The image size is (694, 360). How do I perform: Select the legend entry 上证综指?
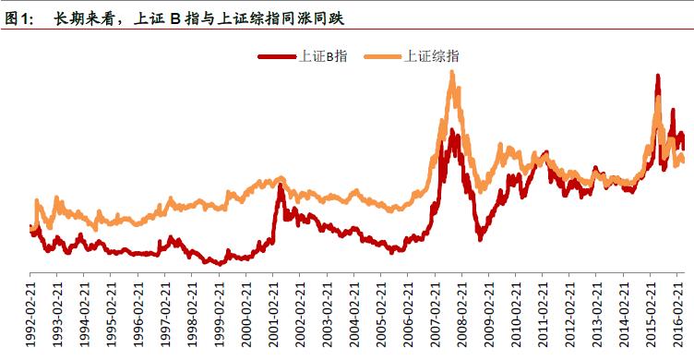(431, 55)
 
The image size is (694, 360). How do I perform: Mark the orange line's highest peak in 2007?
(452, 72)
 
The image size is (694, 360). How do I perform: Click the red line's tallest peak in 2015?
(657, 77)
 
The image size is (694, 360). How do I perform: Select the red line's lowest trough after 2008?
(481, 239)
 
